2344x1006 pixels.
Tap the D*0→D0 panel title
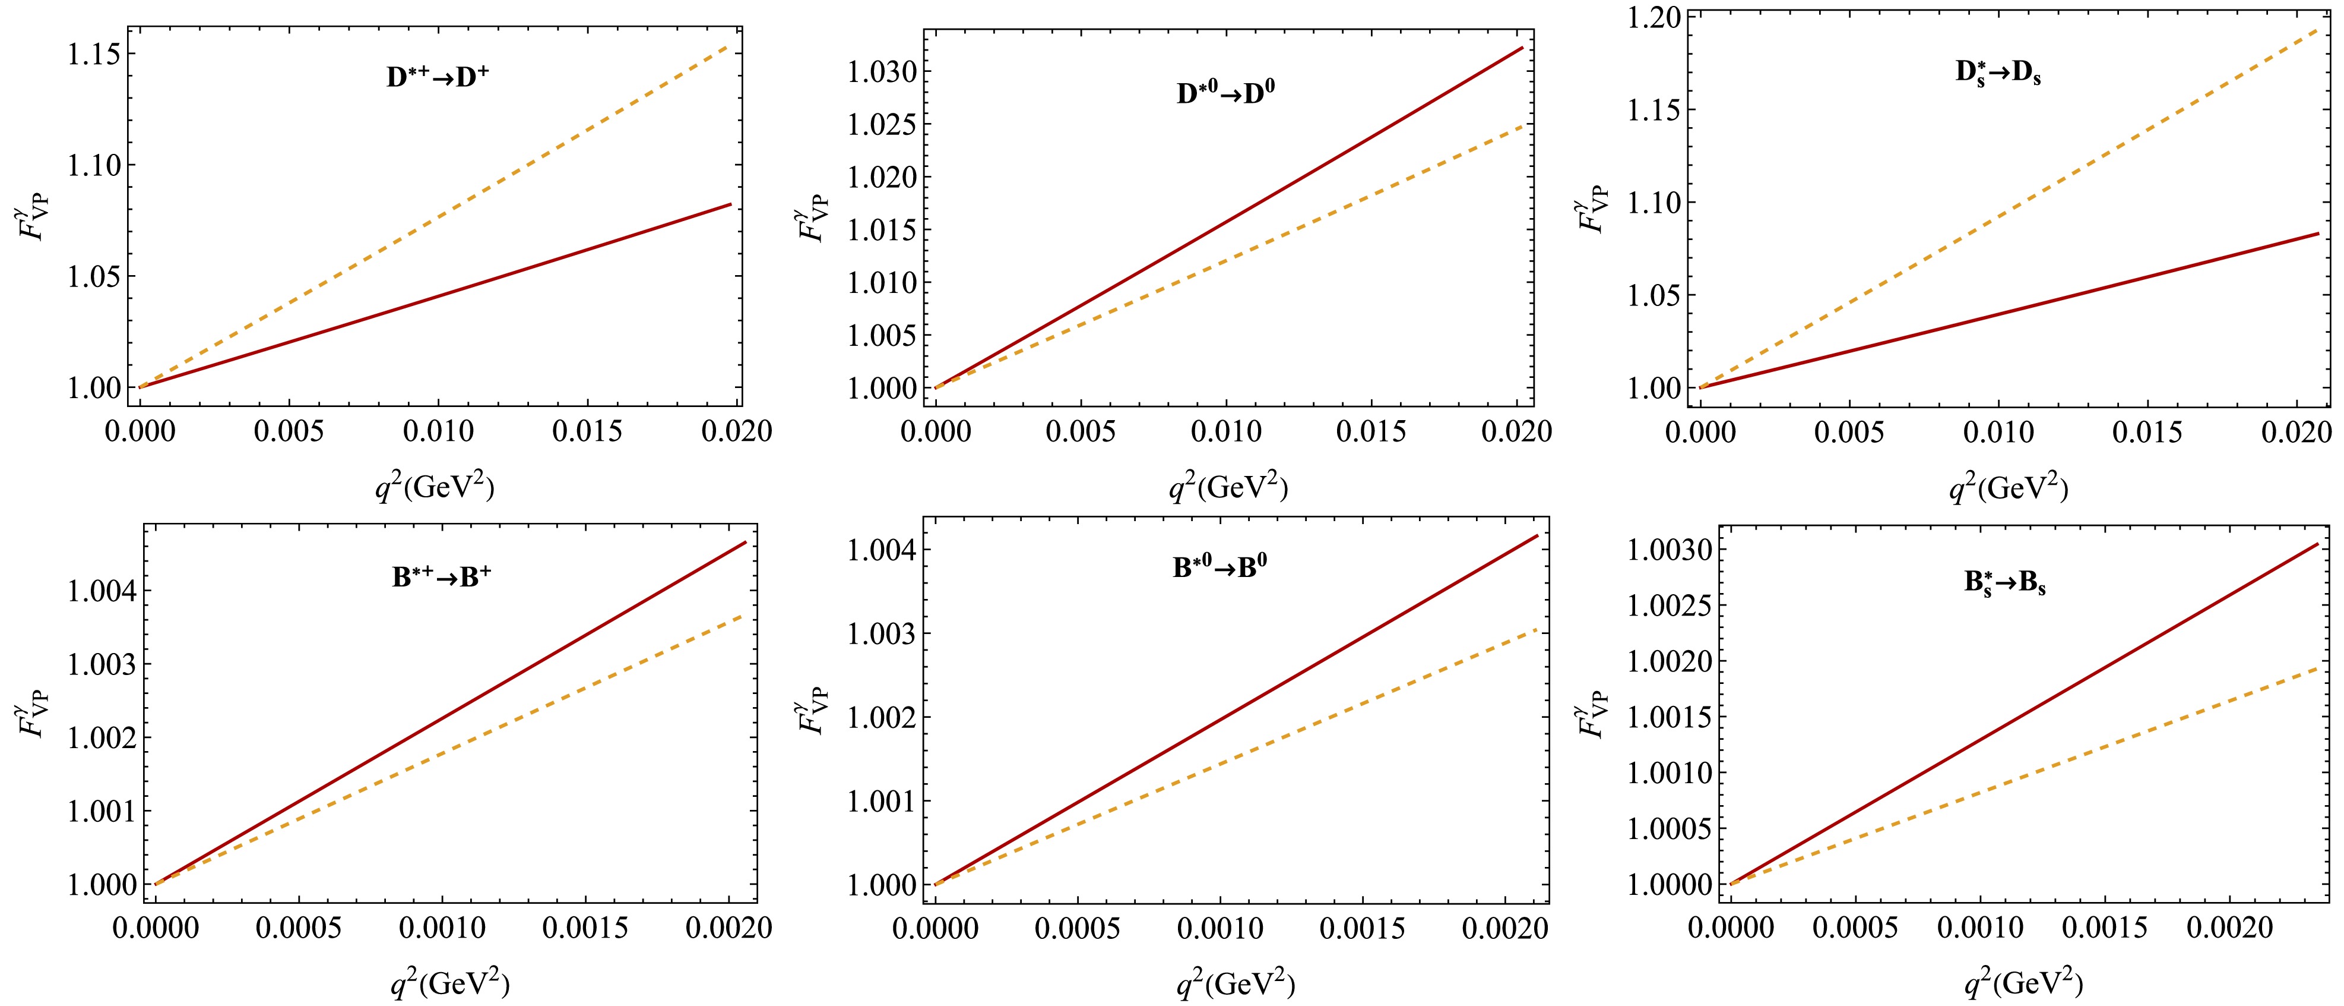tap(1225, 94)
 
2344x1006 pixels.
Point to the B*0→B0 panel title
tap(1219, 568)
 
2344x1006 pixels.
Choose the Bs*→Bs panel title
tap(2004, 584)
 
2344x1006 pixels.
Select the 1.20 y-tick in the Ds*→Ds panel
tap(1654, 18)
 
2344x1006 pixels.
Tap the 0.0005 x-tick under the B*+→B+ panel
tap(297, 928)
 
